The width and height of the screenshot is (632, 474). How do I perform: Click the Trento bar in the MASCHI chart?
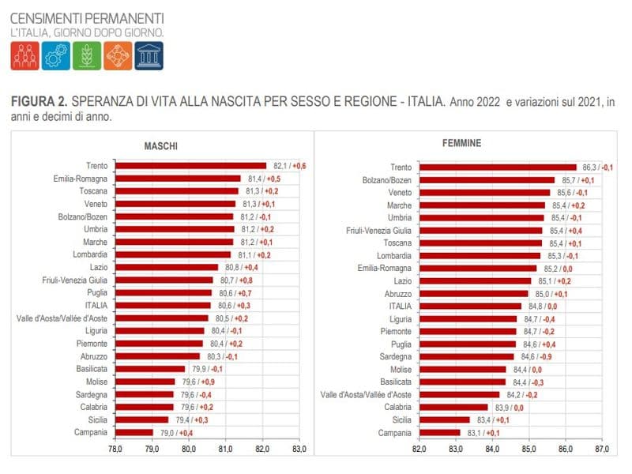[190, 166]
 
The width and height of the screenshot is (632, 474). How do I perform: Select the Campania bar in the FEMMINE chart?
[439, 432]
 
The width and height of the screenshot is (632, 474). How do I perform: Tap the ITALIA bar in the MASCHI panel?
[163, 305]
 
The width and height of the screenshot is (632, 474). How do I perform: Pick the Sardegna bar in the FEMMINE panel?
[467, 356]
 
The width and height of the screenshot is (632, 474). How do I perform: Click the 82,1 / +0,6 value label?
[290, 166]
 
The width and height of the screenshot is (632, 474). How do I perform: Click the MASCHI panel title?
[160, 147]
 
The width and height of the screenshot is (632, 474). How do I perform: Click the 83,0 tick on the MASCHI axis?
[299, 450]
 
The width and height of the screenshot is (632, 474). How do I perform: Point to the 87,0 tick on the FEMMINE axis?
[602, 450]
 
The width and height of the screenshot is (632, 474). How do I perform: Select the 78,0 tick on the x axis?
[115, 450]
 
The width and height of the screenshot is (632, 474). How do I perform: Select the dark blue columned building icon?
[149, 55]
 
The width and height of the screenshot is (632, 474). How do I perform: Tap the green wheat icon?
[86, 55]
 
